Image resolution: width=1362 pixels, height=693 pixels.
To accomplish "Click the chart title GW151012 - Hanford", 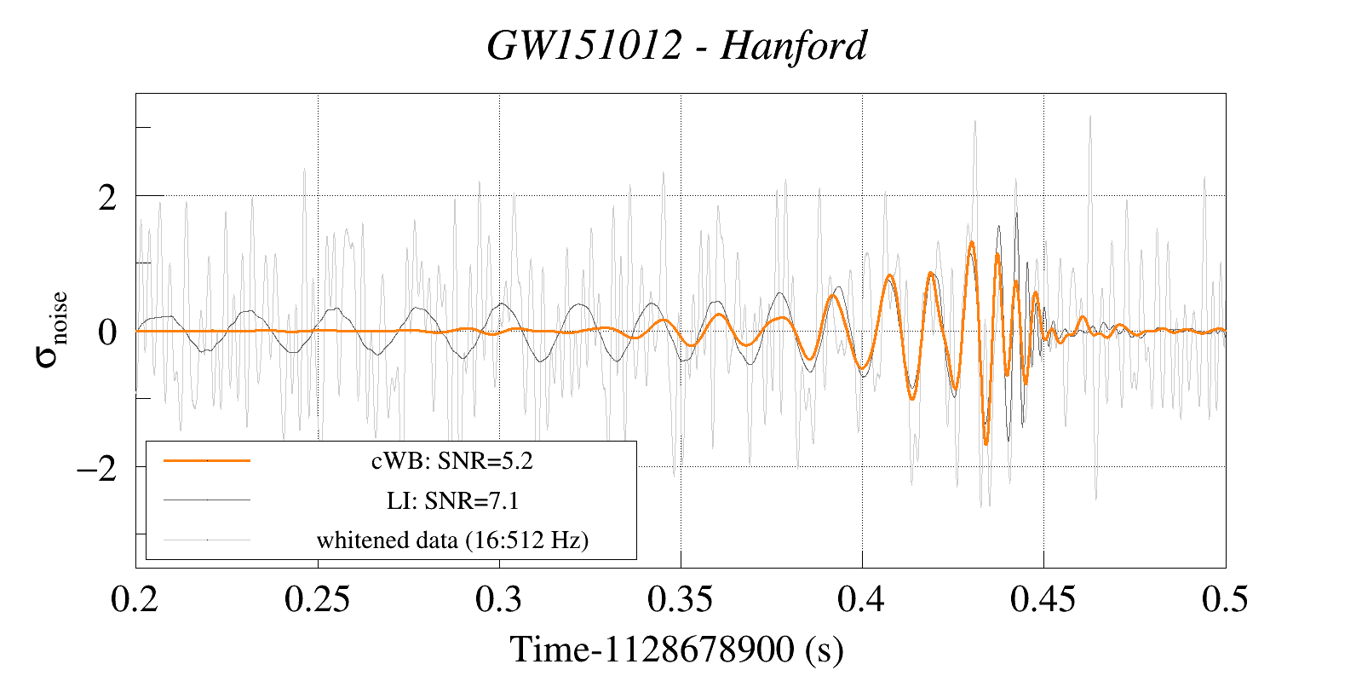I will [677, 46].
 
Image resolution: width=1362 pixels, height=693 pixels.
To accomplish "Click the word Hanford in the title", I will [794, 46].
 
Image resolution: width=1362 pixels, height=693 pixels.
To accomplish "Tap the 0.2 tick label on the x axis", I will [135, 599].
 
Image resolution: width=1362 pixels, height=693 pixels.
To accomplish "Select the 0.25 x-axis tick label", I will [317, 599].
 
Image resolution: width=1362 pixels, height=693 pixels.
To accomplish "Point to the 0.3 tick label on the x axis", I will [498, 599].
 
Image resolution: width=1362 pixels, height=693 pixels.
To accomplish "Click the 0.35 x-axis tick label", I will [680, 599].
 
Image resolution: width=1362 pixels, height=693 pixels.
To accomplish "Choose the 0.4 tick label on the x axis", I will [861, 599].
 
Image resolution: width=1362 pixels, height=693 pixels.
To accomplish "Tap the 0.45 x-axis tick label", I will [1043, 599].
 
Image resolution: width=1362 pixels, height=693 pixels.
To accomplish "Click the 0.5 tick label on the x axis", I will [1225, 599].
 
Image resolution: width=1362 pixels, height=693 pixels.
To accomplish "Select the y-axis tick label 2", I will [107, 198].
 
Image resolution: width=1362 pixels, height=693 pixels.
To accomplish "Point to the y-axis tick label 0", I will [107, 332].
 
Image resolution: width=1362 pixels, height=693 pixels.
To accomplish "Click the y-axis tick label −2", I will [96, 468].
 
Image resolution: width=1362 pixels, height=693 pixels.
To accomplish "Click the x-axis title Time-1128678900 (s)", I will [677, 650].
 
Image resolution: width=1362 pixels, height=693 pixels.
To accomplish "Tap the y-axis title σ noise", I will [52, 330].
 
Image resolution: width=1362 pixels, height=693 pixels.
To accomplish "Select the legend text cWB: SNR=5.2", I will [451, 461].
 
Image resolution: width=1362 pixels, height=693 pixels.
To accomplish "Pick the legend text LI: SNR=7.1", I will [452, 500].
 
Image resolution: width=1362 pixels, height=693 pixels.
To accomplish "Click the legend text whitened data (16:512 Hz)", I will [452, 540].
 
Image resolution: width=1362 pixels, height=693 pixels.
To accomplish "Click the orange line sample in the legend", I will [207, 460].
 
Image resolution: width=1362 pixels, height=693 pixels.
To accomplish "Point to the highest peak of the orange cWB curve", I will [971, 243].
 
